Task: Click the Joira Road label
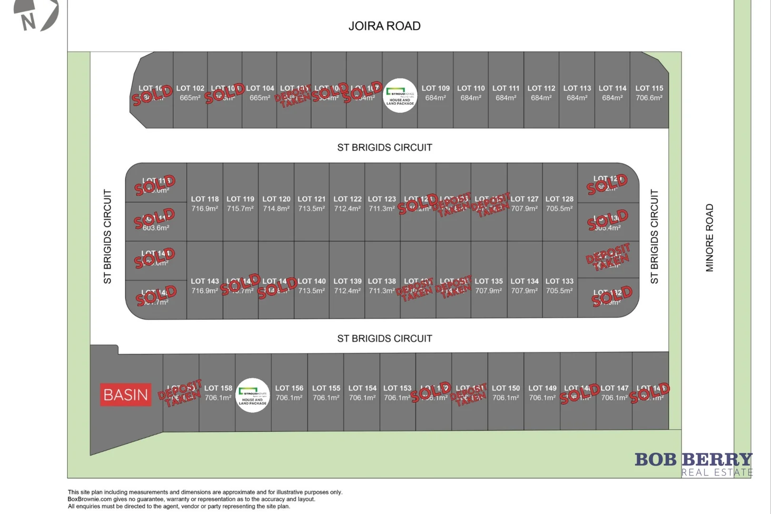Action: (385, 26)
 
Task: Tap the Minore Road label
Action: (710, 238)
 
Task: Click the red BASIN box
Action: (126, 395)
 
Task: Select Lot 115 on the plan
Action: (649, 93)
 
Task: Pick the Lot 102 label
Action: (190, 89)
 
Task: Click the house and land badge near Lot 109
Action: (400, 96)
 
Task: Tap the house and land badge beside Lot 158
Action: (253, 395)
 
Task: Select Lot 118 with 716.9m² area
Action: (205, 204)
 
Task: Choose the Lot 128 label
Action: (559, 199)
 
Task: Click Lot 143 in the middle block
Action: (205, 286)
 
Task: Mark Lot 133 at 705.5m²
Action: (559, 286)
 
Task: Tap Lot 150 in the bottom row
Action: (506, 393)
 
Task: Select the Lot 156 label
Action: (289, 388)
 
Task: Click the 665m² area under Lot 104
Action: (260, 98)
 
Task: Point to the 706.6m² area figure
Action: (649, 98)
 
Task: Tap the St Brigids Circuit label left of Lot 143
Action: (108, 237)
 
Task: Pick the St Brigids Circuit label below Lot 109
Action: (385, 148)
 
